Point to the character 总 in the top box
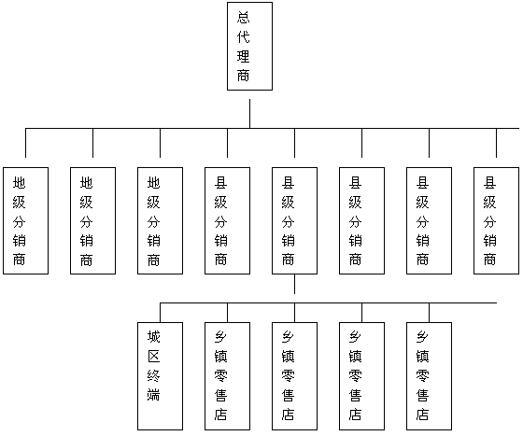[244, 18]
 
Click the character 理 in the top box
[244, 56]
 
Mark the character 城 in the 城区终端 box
[154, 337]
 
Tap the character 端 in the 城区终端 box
[154, 395]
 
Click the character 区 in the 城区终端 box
[154, 357]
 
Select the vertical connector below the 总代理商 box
[250, 114]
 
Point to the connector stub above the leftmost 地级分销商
[26, 143]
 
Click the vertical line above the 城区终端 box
[160, 313]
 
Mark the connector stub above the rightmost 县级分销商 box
[496, 143]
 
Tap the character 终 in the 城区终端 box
[154, 375]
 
